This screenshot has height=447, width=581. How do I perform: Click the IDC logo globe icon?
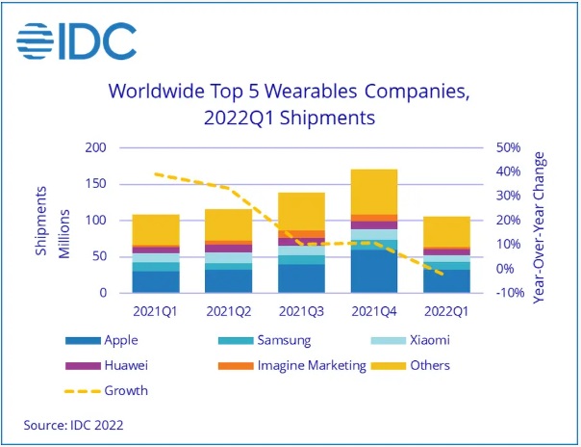36,40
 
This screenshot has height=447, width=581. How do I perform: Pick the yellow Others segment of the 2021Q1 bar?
156,229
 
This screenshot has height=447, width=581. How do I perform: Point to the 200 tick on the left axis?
93,148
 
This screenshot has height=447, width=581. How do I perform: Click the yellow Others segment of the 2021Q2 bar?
228,224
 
